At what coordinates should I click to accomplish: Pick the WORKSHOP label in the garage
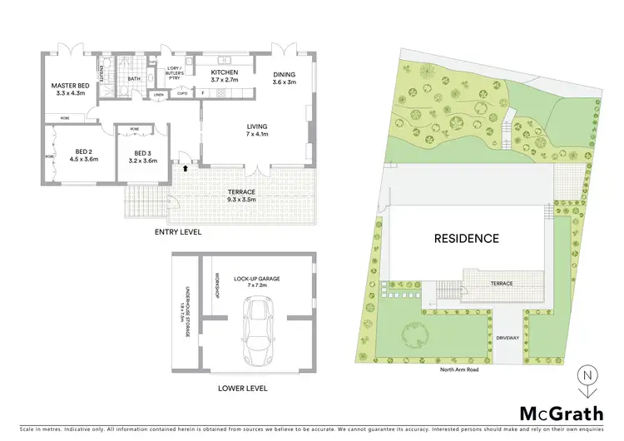(215, 286)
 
